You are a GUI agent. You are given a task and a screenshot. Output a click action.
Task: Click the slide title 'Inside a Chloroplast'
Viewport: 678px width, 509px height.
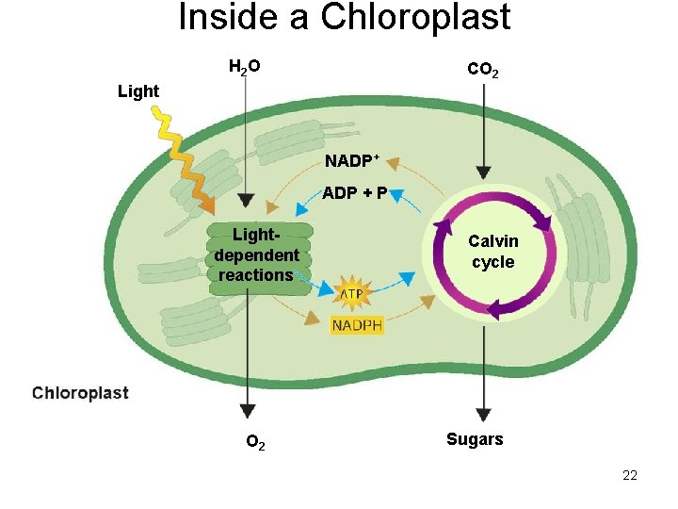point(345,18)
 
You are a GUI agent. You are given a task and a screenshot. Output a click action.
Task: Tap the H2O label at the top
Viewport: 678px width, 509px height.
point(245,67)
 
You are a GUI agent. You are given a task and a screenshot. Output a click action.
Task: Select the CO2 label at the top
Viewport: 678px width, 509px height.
point(483,71)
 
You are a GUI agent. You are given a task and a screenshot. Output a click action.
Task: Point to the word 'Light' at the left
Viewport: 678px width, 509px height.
point(138,91)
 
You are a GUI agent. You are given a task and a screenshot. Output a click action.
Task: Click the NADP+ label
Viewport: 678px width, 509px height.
point(352,161)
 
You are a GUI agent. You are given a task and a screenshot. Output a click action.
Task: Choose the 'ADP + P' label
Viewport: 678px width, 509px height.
point(354,193)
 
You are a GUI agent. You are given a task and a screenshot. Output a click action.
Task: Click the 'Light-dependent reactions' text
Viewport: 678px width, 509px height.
point(256,254)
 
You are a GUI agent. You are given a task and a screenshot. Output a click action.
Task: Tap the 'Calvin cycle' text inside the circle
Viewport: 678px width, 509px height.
point(493,252)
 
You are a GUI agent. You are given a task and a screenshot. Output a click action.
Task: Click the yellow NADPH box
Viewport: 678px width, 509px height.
point(357,325)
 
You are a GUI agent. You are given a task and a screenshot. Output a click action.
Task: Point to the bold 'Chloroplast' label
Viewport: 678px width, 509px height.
point(80,393)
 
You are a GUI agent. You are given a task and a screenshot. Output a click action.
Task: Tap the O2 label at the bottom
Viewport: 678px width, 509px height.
point(255,442)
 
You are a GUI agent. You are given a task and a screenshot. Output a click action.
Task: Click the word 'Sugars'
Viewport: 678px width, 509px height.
point(475,439)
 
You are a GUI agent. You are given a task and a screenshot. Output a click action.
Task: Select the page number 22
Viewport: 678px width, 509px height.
point(630,475)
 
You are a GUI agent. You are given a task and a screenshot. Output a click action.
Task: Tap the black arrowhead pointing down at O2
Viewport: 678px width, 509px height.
point(247,411)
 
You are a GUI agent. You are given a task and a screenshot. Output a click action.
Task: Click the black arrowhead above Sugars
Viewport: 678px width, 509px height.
point(483,414)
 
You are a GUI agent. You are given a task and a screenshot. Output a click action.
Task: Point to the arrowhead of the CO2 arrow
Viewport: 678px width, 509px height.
point(483,172)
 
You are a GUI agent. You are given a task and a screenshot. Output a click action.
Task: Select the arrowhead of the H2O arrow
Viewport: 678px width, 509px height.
point(245,201)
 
